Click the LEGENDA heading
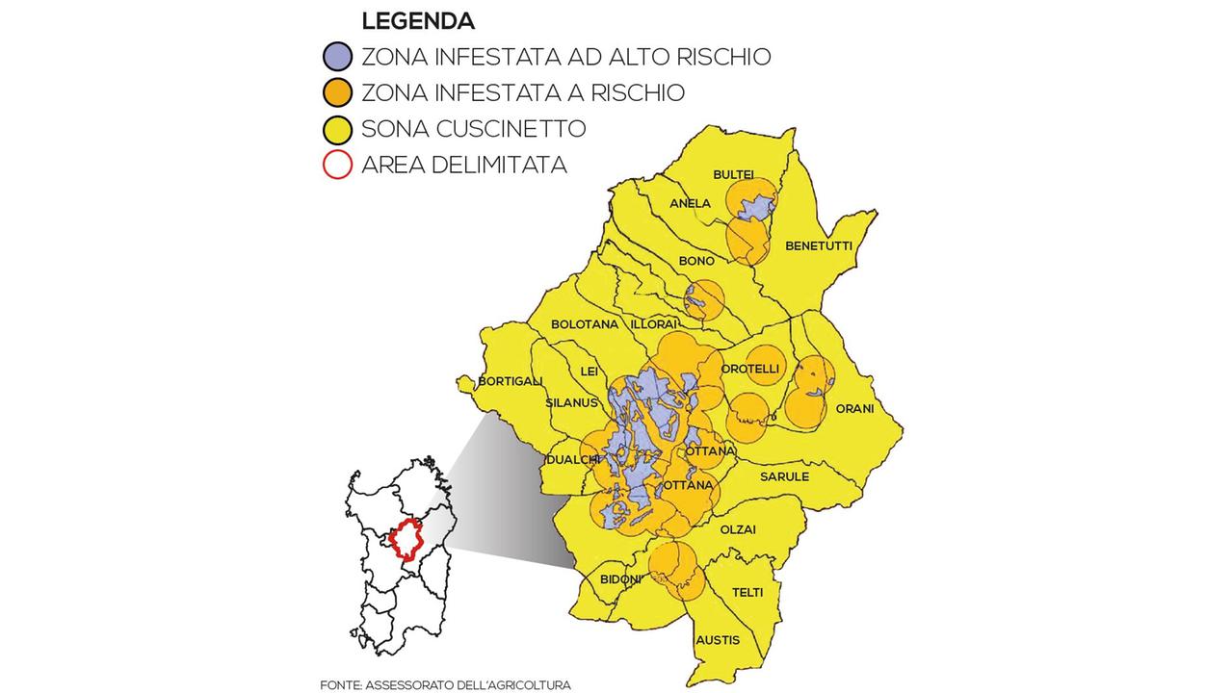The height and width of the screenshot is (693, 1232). pos(417,20)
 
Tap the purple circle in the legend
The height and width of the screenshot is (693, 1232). pos(338,56)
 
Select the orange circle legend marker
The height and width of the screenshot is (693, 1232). pos(338,92)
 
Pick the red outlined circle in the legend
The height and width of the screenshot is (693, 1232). pos(338,165)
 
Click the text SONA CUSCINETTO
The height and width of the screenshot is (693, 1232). pos(473,129)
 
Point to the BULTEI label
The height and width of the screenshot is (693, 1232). pos(733,174)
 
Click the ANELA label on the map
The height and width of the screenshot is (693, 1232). pos(690,203)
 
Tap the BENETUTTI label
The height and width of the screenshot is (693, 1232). pos(819,245)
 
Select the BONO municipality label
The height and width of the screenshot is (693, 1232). pos(696,261)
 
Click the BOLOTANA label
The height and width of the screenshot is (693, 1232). pos(585,324)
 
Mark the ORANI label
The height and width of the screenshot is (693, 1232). pos(854,408)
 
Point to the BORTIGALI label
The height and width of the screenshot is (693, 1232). pos(511,381)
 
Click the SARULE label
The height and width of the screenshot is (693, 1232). pos(784,476)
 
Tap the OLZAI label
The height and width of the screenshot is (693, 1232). pos(738,529)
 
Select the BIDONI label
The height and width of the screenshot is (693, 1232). pos(620,579)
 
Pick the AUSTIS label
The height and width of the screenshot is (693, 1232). pos(717,640)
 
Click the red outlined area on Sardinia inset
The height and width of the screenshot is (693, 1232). pos(408,542)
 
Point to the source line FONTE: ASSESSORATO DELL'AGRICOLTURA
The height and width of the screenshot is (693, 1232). pos(445,684)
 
